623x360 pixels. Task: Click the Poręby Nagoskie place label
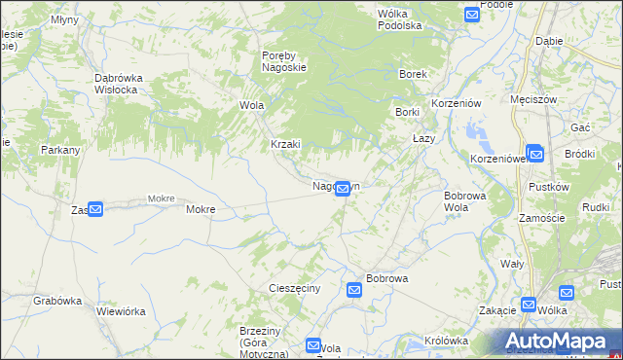pos(284,61)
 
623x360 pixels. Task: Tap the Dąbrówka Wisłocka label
pos(120,84)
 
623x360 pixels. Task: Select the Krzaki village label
pos(286,144)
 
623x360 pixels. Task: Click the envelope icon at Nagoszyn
pos(343,189)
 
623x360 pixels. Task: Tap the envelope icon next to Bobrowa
pos(354,289)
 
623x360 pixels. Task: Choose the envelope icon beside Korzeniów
pos(534,154)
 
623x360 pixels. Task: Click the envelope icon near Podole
pos(472,15)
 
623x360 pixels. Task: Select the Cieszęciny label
pos(294,289)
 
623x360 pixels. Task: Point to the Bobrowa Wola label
pos(464,200)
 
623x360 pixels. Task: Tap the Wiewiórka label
pos(121,311)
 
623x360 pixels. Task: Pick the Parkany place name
pos(59,151)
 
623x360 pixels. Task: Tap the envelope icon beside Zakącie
pos(529,305)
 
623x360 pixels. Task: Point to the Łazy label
pos(423,138)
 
